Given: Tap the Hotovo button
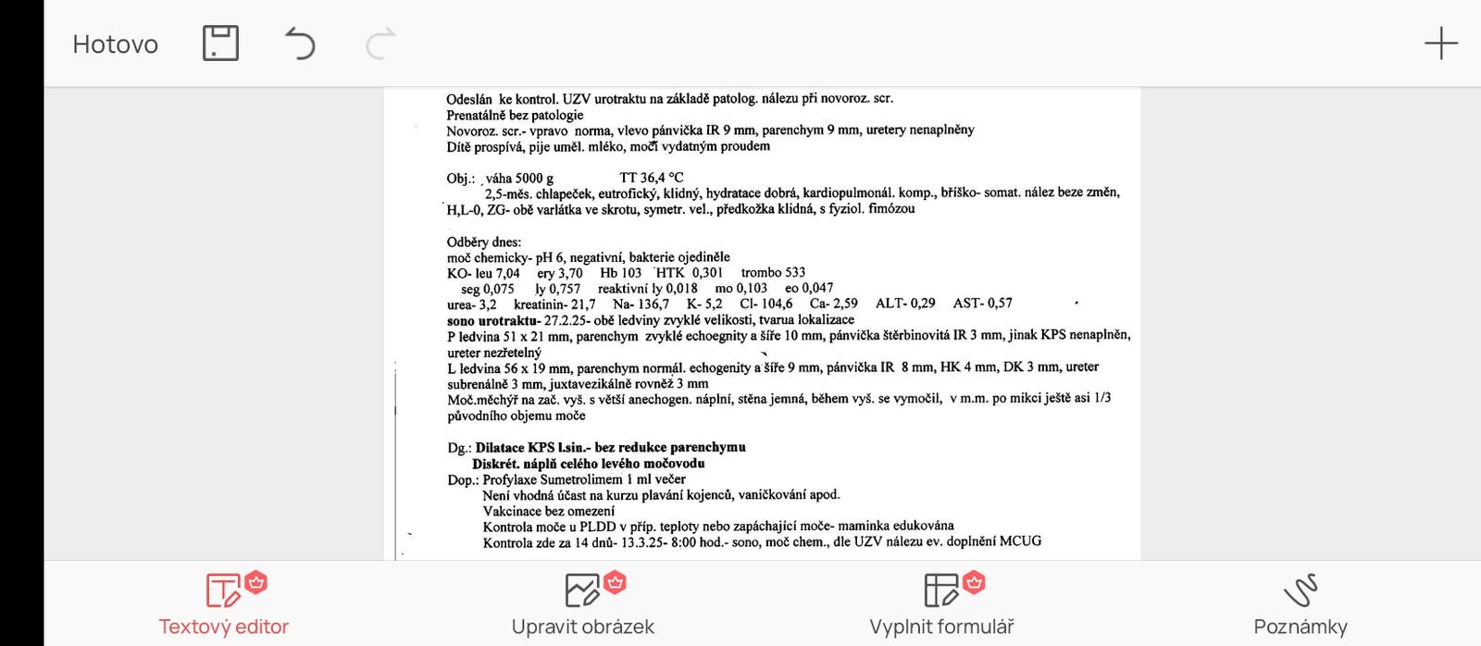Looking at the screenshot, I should coord(115,43).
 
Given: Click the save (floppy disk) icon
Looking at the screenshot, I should coord(220,43).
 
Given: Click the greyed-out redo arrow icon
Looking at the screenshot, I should coord(380,43).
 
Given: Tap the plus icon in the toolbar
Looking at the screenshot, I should coord(1440,43).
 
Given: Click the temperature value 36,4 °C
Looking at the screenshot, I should coord(662,178).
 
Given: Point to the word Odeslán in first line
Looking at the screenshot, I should coord(469,99).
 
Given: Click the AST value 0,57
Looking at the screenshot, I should coord(1000,304).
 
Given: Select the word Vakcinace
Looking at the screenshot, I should coord(512,511).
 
